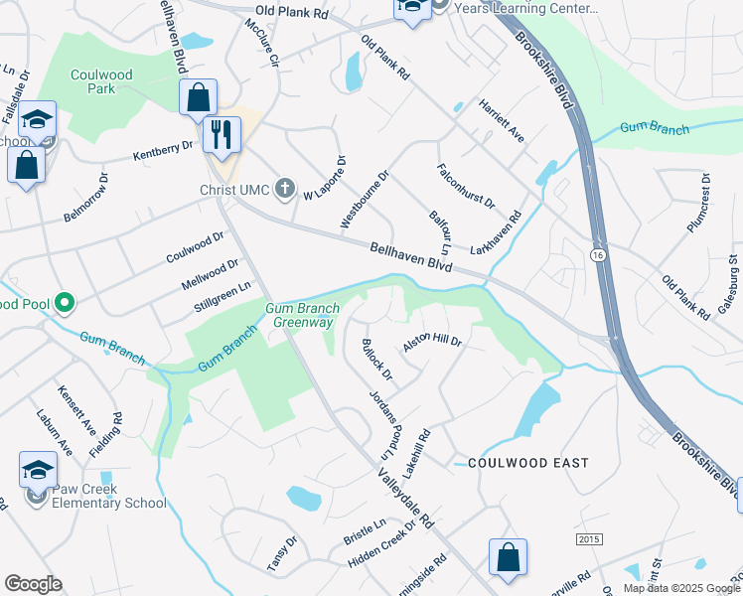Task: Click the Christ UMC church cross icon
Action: click(x=285, y=189)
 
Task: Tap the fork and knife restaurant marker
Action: click(x=222, y=133)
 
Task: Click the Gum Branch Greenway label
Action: click(x=304, y=315)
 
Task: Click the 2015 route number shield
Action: click(x=589, y=538)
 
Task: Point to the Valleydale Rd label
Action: click(x=406, y=498)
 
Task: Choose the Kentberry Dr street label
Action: click(x=163, y=150)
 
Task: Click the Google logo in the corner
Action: click(x=33, y=584)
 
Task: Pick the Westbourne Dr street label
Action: click(x=365, y=199)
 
